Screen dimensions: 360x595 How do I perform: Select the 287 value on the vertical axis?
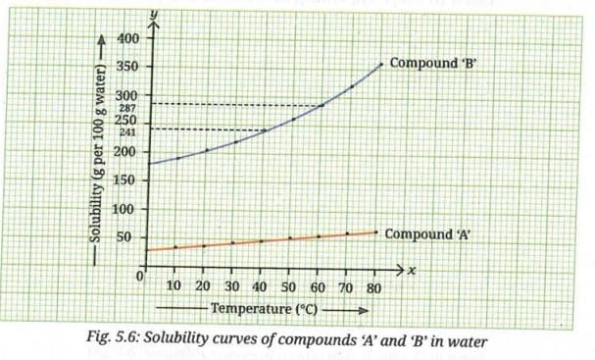[x=126, y=107]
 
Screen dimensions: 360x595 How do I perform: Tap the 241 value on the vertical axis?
[x=126, y=131]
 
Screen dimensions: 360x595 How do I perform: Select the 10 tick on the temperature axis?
[x=174, y=286]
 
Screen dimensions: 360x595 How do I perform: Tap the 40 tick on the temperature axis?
[x=260, y=286]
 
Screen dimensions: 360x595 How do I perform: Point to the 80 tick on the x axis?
[x=372, y=286]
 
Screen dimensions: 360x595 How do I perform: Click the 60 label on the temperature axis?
[x=317, y=286]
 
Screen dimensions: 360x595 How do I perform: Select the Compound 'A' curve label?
[x=429, y=234]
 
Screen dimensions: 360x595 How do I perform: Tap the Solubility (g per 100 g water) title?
[x=96, y=157]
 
